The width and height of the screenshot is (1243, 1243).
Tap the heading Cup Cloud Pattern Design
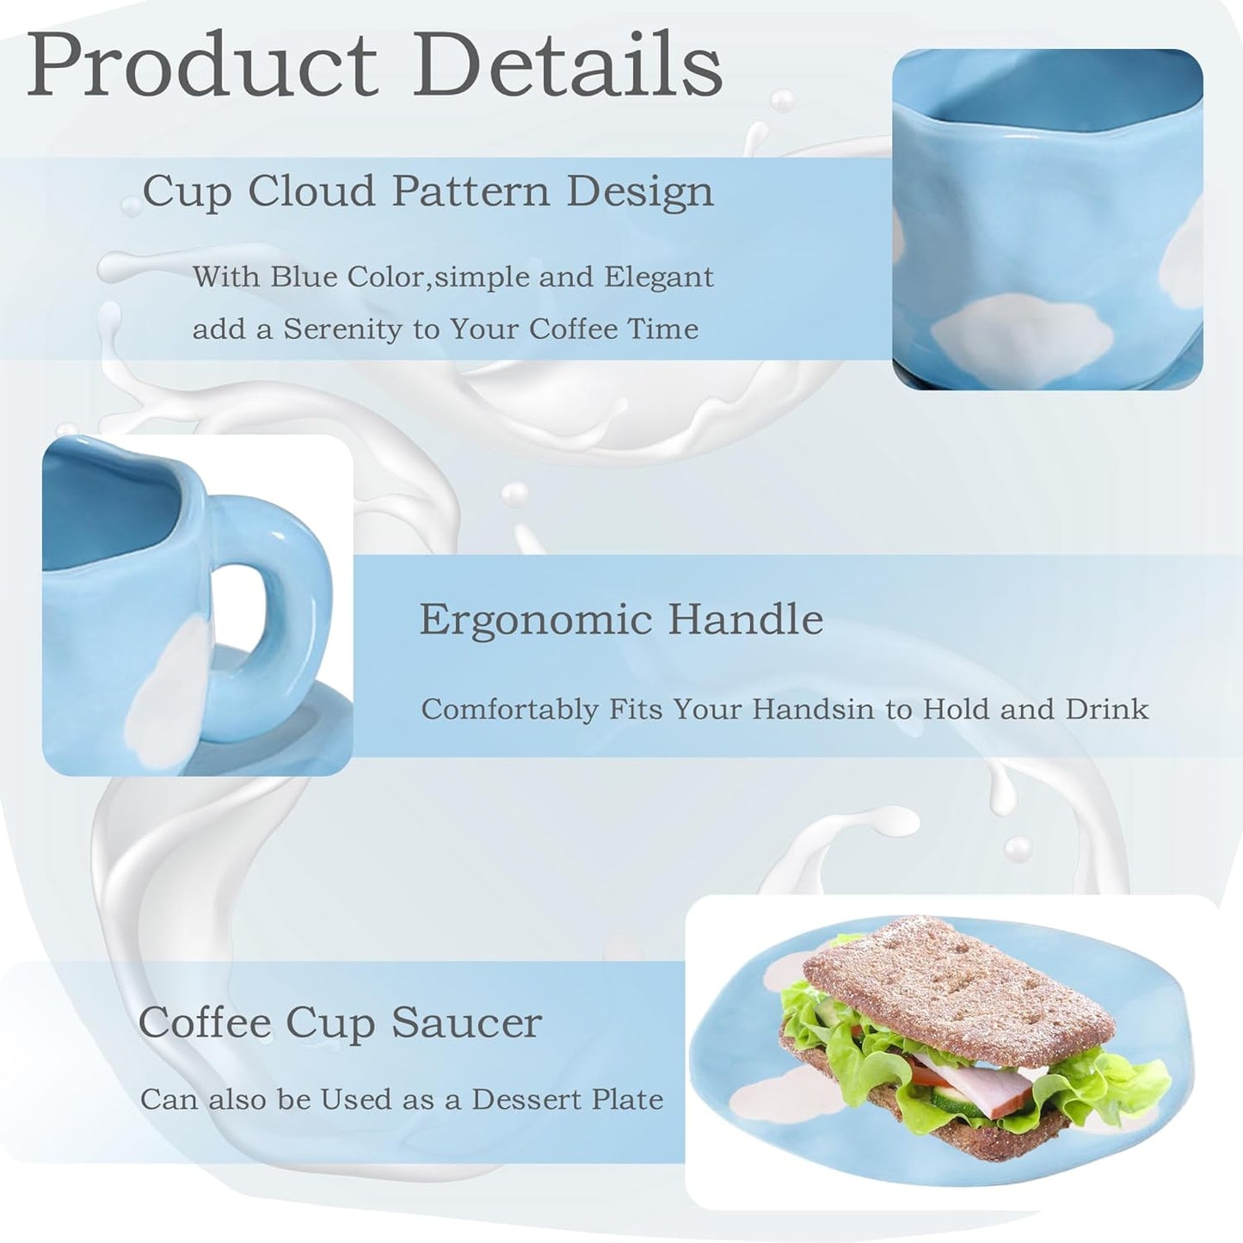(x=428, y=190)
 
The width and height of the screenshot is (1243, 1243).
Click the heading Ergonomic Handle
(x=620, y=618)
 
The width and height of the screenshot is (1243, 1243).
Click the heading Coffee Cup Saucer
(x=340, y=1022)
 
